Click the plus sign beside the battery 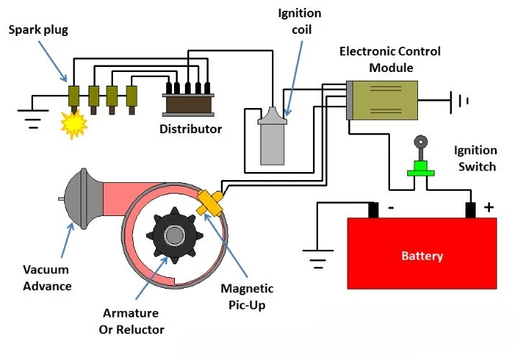489,207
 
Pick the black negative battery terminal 373,210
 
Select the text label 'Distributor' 191,130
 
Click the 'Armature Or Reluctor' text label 131,322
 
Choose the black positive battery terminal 471,210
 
